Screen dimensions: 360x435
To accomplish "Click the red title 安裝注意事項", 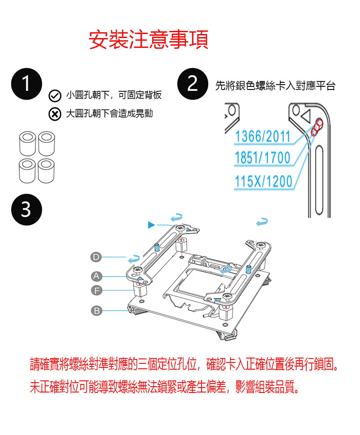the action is pos(149,40).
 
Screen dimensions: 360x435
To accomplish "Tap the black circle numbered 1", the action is pos(26,84).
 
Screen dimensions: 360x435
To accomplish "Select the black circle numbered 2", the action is pos(193,84).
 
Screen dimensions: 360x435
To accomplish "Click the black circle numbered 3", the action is pos(26,209).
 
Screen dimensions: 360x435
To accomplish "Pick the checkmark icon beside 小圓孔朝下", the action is pos(55,96).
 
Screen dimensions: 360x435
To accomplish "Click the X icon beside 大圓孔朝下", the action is pos(55,114).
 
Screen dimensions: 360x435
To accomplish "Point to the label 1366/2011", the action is pos(262,136).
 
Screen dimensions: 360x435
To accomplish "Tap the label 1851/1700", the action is pos(262,158).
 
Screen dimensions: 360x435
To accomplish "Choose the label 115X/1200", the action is pos(263,181).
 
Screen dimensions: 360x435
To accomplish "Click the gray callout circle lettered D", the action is pos(96,257).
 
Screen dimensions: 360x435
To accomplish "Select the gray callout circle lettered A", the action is pos(96,276).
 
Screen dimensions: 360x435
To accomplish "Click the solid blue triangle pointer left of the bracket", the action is pos(151,225).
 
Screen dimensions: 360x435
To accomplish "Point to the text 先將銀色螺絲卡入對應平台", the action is pos(275,85).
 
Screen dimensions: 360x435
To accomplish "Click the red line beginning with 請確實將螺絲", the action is pos(184,364).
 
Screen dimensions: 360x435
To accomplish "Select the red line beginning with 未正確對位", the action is pos(165,387).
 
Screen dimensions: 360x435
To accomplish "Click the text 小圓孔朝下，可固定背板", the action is pos(114,95).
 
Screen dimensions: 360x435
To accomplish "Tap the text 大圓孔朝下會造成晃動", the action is pos(109,114).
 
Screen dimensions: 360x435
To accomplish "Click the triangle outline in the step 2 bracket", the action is pos(307,115).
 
